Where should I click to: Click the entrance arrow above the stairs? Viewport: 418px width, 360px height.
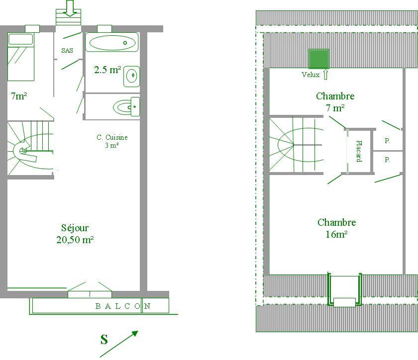(x=70, y=8)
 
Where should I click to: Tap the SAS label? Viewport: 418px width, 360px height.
(x=67, y=50)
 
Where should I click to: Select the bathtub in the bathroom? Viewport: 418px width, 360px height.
(x=112, y=42)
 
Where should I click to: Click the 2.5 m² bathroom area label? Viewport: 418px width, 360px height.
(x=107, y=70)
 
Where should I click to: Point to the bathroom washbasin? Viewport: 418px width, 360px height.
(x=131, y=76)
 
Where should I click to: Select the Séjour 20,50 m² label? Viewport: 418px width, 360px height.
(x=75, y=234)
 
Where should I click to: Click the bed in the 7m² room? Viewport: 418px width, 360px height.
(x=21, y=57)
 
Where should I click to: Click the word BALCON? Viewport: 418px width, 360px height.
(x=123, y=306)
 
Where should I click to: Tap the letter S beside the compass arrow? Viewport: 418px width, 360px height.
(x=104, y=339)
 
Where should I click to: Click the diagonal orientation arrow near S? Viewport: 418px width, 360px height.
(x=119, y=344)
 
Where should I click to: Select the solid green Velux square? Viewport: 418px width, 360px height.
(x=318, y=59)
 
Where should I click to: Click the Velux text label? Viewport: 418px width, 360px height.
(x=311, y=75)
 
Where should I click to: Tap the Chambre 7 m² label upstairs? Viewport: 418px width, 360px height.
(x=335, y=102)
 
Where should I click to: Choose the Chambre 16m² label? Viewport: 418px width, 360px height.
(x=336, y=228)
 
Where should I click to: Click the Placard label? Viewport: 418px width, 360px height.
(x=359, y=151)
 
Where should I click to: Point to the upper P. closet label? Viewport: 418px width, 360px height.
(x=387, y=140)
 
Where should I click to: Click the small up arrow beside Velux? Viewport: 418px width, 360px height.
(x=325, y=75)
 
